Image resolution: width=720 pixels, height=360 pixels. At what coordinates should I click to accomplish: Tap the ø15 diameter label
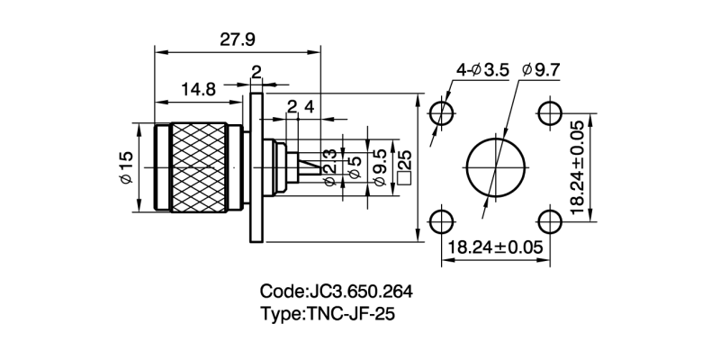coord(126,168)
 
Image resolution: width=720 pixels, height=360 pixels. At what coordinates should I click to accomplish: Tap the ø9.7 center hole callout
coord(541,69)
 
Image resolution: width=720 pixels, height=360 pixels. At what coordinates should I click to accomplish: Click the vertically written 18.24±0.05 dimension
coord(577,167)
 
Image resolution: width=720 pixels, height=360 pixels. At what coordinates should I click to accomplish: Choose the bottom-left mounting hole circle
coord(440,220)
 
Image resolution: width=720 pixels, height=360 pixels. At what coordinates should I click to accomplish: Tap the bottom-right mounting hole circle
coord(548,220)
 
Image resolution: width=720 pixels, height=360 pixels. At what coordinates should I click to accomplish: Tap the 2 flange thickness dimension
coord(256,72)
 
